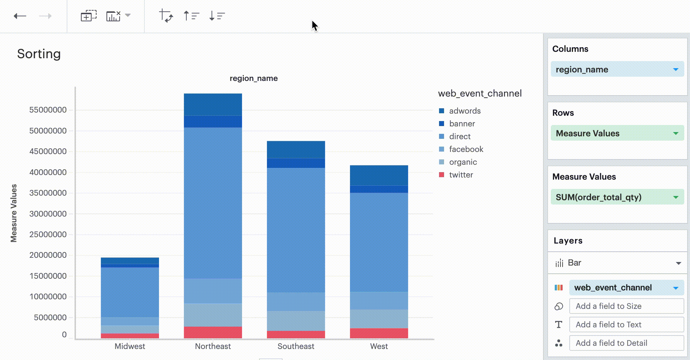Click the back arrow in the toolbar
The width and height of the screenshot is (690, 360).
(x=20, y=16)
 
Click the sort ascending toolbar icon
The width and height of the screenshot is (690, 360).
(x=191, y=16)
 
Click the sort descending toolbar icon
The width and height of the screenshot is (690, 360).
(x=217, y=16)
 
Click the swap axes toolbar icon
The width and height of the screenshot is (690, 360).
(x=166, y=16)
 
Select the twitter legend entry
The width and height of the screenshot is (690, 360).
(x=461, y=175)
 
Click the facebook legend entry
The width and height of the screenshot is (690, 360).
(x=466, y=149)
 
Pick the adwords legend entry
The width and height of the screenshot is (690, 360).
(x=464, y=111)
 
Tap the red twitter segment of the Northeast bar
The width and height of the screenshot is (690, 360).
(x=213, y=332)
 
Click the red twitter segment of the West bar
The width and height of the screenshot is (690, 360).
(x=379, y=333)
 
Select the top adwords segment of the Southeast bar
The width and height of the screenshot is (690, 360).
(x=296, y=149)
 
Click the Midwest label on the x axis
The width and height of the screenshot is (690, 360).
(x=130, y=346)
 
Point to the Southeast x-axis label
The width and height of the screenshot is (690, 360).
(x=296, y=346)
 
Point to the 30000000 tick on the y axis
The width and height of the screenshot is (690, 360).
(x=48, y=214)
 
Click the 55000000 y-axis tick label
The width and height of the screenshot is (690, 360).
(x=48, y=110)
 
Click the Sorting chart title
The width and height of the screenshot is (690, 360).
(x=39, y=54)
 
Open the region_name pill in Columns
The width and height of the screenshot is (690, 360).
(x=617, y=70)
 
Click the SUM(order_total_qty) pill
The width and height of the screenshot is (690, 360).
(x=617, y=197)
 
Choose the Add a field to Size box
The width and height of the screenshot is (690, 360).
(x=626, y=306)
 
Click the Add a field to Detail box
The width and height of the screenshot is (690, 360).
(x=626, y=343)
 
